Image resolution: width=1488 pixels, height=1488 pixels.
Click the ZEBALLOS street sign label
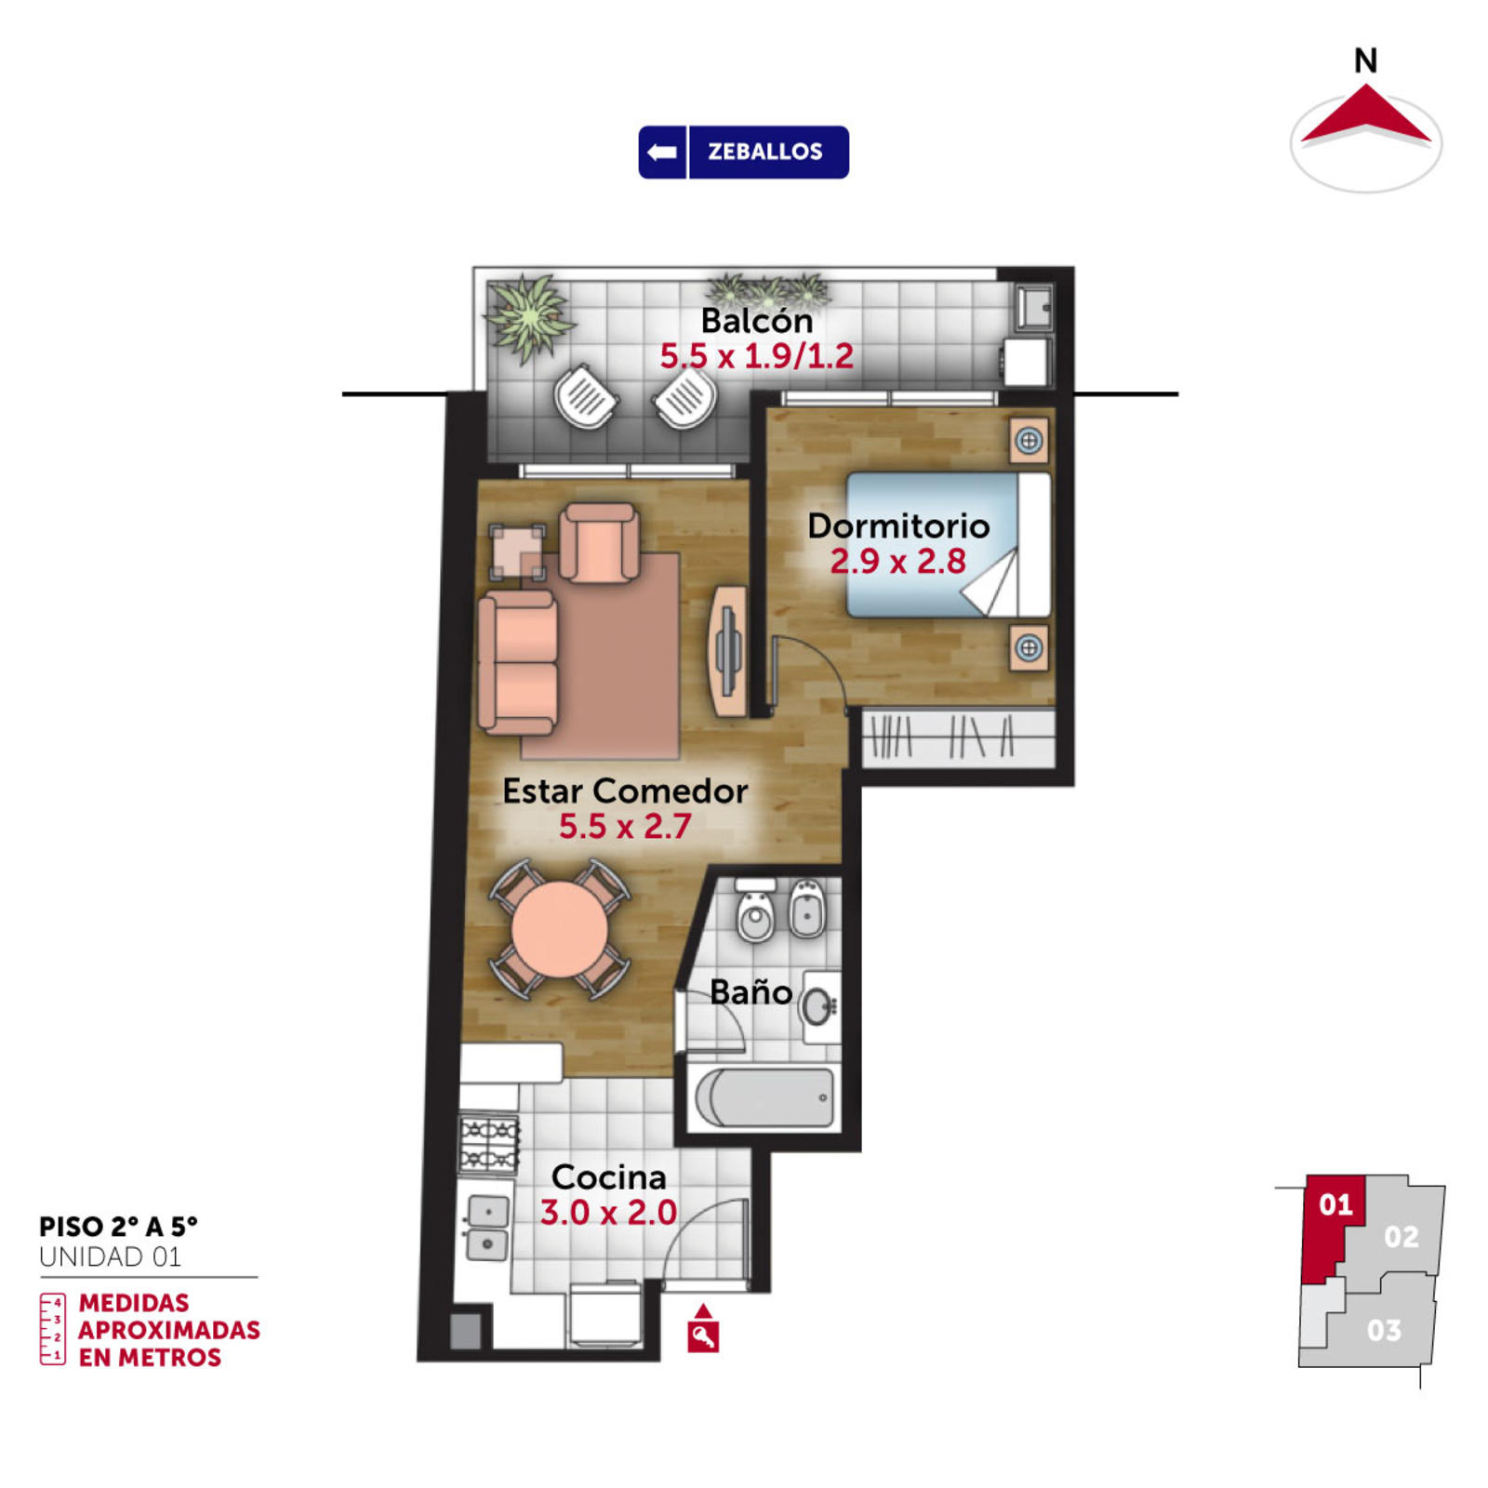764,152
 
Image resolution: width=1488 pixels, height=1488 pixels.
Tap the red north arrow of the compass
1365,115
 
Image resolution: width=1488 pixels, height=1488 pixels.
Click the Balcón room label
756,321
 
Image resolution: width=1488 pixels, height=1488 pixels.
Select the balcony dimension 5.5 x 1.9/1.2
756,356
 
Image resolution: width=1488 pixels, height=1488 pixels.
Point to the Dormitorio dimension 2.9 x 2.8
897,562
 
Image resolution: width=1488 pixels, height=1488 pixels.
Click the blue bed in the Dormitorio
948,545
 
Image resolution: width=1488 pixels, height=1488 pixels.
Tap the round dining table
559,930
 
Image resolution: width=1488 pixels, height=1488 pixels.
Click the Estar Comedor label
625,791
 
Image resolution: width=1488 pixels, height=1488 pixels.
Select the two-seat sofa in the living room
517,661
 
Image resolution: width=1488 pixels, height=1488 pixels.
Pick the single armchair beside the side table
600,542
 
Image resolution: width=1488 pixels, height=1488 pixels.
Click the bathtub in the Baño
764,1097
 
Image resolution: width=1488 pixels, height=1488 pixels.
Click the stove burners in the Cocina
489,1144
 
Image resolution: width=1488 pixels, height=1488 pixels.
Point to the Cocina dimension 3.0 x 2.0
608,1213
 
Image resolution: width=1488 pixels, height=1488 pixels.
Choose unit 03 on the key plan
1383,1330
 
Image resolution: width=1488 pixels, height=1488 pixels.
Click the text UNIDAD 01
110,1257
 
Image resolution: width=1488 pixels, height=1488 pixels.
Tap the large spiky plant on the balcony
528,316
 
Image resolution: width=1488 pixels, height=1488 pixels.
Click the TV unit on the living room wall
728,651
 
